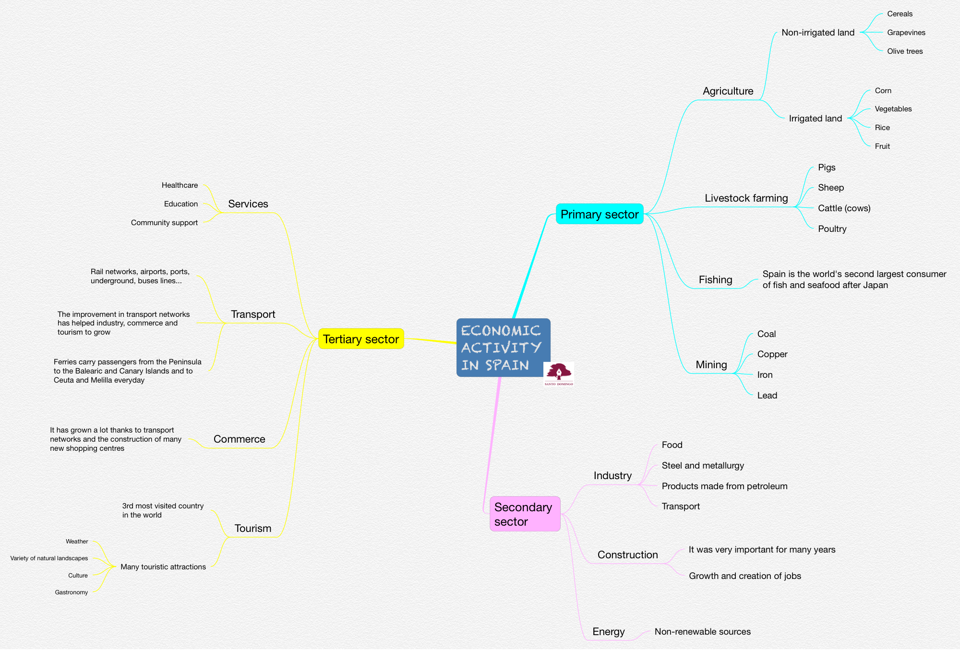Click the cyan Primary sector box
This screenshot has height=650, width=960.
tap(600, 214)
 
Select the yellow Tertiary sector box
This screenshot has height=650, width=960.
tap(361, 339)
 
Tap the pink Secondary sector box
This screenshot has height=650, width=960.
tap(525, 514)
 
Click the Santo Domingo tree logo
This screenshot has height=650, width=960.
tap(559, 373)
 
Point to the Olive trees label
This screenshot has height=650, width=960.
tap(905, 51)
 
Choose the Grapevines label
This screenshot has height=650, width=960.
tap(906, 33)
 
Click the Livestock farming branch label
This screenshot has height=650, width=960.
tap(746, 198)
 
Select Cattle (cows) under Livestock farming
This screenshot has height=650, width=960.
tap(844, 208)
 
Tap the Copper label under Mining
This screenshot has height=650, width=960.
tap(772, 354)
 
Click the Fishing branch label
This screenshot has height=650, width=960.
tap(715, 280)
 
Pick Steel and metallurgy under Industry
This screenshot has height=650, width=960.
tap(703, 466)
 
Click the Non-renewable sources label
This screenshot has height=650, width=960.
tap(703, 632)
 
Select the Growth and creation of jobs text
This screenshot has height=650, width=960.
tap(745, 576)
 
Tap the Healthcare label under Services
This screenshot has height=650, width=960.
tap(180, 185)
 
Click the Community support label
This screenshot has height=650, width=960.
tap(164, 223)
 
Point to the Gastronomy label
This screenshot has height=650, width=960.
tap(72, 592)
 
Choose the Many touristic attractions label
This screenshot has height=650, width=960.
tap(163, 567)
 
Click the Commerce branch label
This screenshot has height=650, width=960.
tap(239, 439)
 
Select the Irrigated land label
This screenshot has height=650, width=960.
tap(816, 119)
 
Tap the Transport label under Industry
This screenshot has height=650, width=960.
tap(681, 506)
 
